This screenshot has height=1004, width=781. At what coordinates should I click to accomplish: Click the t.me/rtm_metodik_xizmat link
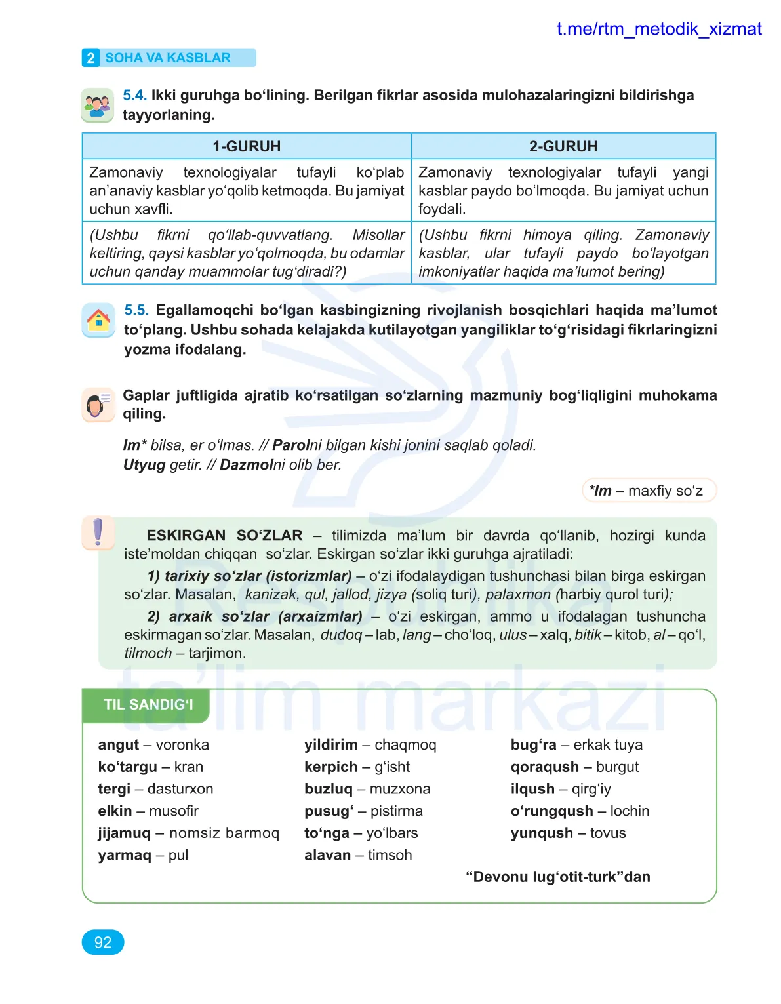pos(658,30)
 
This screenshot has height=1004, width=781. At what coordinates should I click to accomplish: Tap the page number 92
pos(103,942)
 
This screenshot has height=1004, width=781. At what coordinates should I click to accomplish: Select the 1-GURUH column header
pos(247,146)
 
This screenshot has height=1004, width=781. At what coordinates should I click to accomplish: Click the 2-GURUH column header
pos(563,146)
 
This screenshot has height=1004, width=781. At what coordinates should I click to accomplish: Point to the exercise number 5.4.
pos(134,96)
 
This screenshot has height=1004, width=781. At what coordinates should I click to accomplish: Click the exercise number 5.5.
pos(136,310)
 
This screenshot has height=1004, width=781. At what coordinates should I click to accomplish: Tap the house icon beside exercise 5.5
pos(98,320)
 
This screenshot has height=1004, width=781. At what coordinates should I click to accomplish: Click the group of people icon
pos(97,105)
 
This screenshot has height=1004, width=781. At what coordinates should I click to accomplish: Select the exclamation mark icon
pos(98,532)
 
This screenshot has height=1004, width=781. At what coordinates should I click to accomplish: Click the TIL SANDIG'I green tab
pos(148,705)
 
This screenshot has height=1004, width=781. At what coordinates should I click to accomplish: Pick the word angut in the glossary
pos(119,745)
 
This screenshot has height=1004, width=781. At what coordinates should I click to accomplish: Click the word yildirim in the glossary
pos(330,745)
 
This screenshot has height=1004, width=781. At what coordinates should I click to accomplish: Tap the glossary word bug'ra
pos(533,745)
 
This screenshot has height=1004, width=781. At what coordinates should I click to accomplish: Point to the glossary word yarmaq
pos(125,855)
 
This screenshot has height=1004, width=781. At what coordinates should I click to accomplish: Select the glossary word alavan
pos(327,855)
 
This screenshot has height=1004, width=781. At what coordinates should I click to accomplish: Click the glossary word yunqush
pos(542,833)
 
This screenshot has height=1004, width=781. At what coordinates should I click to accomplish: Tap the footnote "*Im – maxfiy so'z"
pos(648,491)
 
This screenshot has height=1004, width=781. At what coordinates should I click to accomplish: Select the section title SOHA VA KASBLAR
pos(168,58)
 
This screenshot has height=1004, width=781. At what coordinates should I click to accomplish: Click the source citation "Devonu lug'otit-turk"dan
pos(557,877)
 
